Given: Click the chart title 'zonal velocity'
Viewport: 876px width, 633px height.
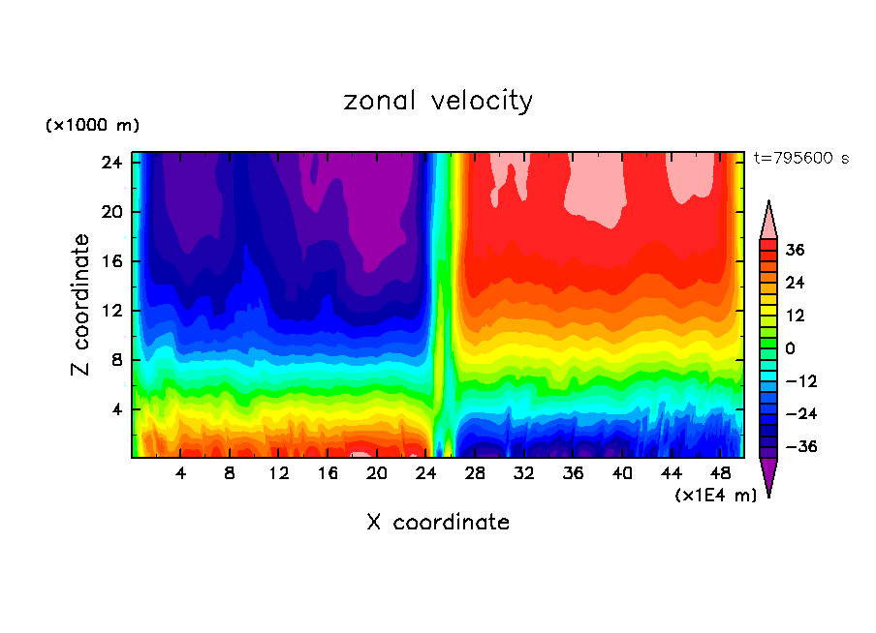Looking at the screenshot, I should [438, 101].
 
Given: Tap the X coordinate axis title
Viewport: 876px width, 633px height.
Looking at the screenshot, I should [438, 523].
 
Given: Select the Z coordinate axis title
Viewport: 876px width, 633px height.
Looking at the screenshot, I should [81, 306].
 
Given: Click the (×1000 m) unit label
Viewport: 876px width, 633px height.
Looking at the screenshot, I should [92, 126].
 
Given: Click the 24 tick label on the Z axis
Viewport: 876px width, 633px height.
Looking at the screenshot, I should [109, 163].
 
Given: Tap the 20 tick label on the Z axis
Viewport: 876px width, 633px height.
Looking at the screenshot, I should [109, 212].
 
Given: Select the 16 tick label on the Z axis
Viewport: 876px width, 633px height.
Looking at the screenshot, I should [109, 261].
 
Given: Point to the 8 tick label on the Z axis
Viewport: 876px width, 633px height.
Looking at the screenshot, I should [114, 360].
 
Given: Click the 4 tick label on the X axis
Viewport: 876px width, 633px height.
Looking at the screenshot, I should [181, 474].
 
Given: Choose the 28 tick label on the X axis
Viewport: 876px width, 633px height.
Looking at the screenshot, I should [475, 474].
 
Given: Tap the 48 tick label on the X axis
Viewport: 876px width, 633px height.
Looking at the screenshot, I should [720, 474].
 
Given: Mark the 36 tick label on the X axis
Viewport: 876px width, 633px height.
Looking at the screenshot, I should [573, 474].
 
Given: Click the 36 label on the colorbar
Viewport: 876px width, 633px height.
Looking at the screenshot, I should [795, 250].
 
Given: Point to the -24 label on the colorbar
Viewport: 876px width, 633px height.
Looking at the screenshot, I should [799, 414].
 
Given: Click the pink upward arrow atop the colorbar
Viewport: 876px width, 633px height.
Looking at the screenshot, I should [768, 220].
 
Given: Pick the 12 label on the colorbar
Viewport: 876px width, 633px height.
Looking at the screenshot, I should [795, 316].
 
